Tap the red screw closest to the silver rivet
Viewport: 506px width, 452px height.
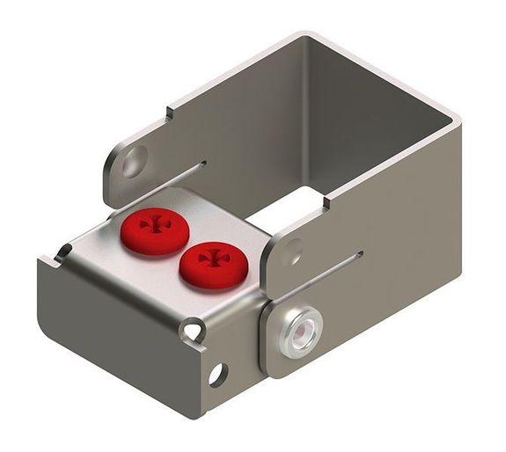pyautogui.click(x=211, y=265)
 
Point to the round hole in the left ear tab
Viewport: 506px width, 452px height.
pyautogui.click(x=134, y=162)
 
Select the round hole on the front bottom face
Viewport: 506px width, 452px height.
pyautogui.click(x=216, y=374)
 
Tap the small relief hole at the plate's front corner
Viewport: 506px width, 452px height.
pyautogui.click(x=193, y=332)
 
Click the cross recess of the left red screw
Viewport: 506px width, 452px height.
pyautogui.click(x=156, y=225)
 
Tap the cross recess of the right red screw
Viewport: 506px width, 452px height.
pyautogui.click(x=212, y=259)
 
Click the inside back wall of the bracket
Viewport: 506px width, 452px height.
pyautogui.click(x=370, y=123)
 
